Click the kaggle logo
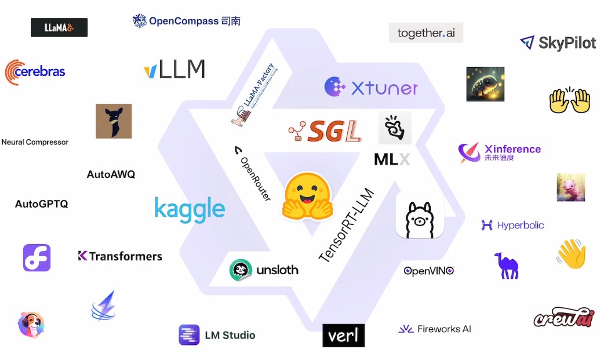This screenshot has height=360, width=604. point(190,209)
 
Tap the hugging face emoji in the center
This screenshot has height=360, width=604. point(306,195)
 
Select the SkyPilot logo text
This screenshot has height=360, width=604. point(566,42)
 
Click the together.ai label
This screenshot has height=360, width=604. point(426,33)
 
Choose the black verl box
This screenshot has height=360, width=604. point(344,335)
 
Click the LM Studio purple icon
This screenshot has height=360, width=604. point(189,335)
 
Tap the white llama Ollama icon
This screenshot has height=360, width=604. point(420,216)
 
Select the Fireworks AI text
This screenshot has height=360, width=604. point(444,329)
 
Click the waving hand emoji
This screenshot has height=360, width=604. point(572,254)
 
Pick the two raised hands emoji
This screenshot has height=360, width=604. point(569,100)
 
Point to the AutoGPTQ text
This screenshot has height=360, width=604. point(42,204)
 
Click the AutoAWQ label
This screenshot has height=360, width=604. point(111,174)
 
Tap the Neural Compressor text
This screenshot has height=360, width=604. point(35,142)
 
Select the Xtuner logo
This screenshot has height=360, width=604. point(371,88)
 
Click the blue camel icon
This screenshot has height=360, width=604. point(506,266)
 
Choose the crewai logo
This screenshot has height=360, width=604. point(563,317)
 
